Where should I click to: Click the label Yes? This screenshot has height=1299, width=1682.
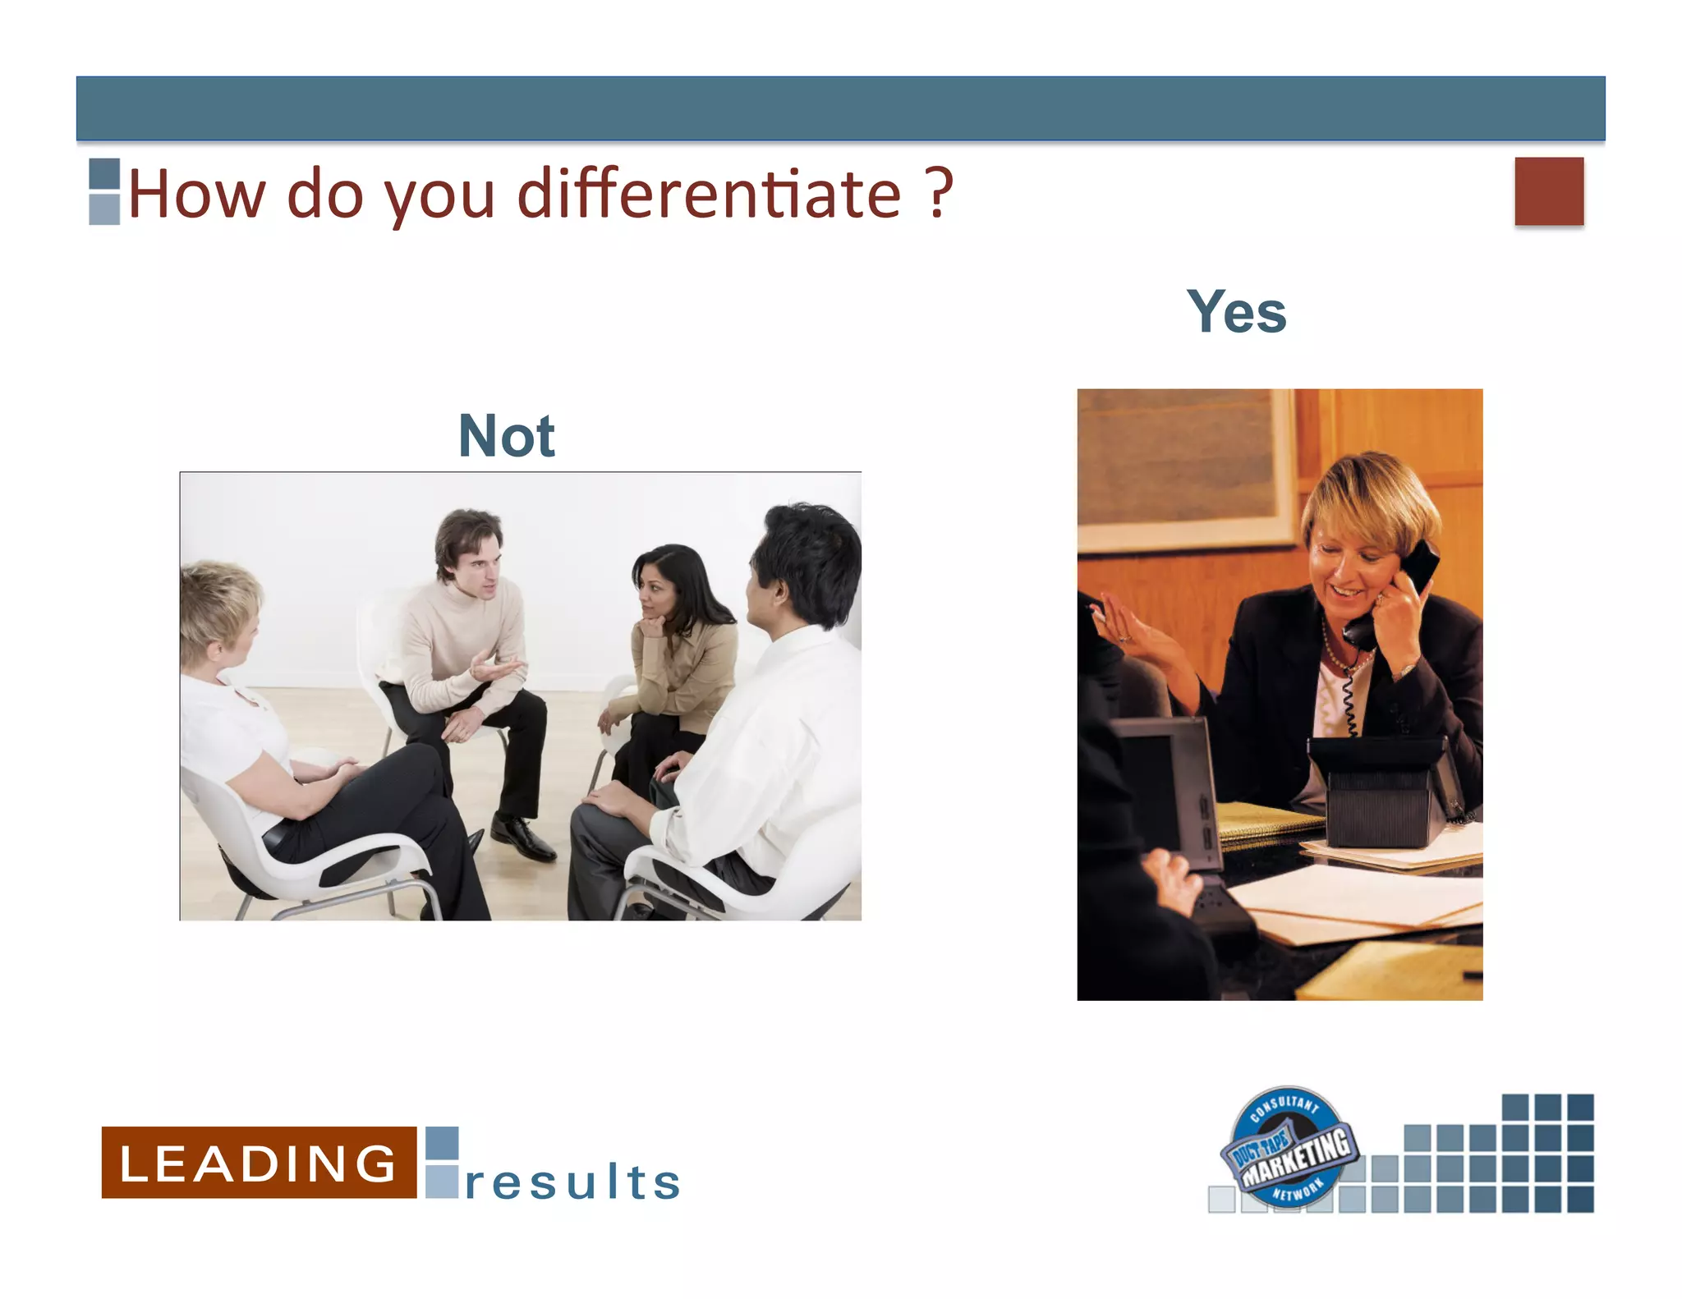coord(1236,313)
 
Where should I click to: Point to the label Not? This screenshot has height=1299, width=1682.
coord(507,436)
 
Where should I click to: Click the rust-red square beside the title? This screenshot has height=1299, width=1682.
coord(1549,191)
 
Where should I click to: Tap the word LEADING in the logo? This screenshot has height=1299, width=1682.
coord(259,1163)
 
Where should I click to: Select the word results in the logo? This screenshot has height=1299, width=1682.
coord(572,1182)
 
